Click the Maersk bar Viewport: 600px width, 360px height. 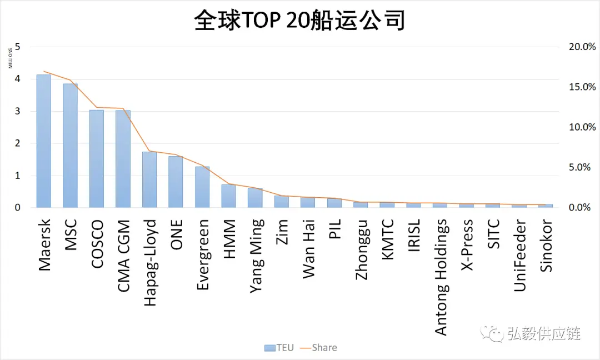[44, 141]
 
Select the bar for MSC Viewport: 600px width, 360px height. [70, 146]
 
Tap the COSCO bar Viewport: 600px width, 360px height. [97, 159]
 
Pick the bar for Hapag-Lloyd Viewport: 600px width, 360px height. [149, 179]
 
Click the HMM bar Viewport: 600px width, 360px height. [228, 196]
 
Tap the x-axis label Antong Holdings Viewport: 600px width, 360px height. [441, 277]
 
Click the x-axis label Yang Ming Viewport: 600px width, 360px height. [256, 255]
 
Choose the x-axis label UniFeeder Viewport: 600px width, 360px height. [520, 255]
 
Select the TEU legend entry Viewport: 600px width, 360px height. [279, 348]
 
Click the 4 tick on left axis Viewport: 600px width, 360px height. [18, 79]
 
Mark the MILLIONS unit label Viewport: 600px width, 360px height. [10, 57]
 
